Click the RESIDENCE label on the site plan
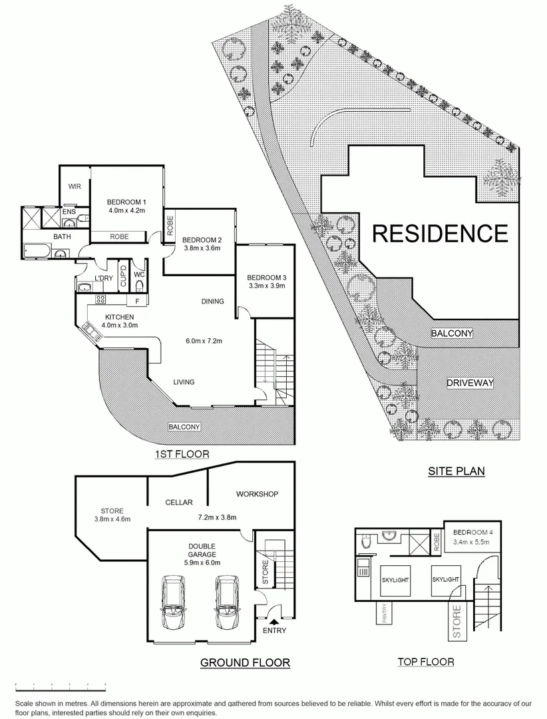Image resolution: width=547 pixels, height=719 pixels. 439,233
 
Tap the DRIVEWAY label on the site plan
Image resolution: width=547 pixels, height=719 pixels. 470,383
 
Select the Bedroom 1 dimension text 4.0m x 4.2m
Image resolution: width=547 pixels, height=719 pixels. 126,212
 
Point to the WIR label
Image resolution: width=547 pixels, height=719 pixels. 73,187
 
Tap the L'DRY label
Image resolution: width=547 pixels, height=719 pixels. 102,278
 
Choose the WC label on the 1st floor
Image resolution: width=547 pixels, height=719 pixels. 139,274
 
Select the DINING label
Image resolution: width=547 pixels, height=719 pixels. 213,302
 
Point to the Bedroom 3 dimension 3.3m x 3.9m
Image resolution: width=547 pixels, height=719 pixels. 266,286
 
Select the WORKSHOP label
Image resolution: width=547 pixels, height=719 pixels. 256,494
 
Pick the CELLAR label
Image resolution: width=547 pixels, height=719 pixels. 179,503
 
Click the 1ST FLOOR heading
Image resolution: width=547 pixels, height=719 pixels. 182,455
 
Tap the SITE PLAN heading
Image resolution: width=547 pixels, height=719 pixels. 456,471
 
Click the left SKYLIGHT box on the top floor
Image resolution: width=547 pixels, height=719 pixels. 394,580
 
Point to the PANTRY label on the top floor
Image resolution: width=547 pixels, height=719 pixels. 384,614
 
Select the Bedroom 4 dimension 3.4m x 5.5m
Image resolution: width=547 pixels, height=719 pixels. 470,542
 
